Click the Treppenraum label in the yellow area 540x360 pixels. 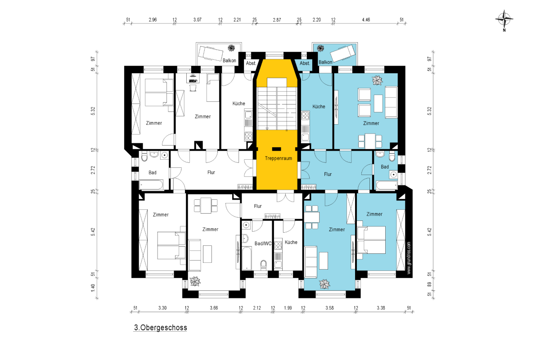click(279, 158)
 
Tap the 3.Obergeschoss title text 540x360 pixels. click(161, 328)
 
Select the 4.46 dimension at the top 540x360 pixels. click(366, 20)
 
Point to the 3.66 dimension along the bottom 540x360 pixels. click(214, 308)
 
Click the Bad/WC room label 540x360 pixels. click(263, 243)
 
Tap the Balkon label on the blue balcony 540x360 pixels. click(325, 62)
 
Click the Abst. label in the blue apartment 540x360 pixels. click(305, 63)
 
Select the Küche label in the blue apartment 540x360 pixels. click(319, 107)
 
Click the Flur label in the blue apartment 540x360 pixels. click(328, 174)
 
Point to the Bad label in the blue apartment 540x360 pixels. click(385, 167)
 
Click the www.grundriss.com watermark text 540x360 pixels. click(409, 258)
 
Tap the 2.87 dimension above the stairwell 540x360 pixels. click(277, 20)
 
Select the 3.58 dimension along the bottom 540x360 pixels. click(329, 308)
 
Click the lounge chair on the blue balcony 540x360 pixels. click(342, 54)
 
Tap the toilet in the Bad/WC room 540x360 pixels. click(264, 265)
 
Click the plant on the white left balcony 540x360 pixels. click(231, 48)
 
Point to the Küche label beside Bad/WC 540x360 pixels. click(291, 242)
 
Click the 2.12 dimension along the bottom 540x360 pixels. click(257, 308)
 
